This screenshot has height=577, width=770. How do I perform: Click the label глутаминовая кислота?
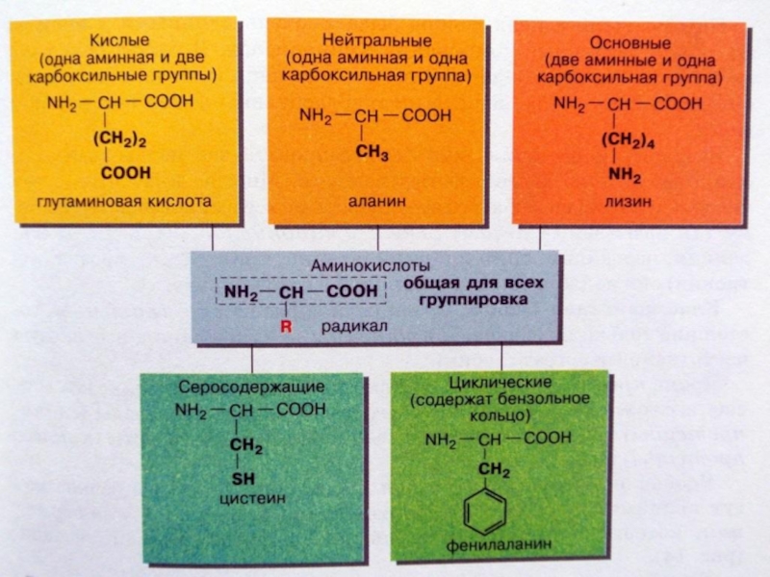click(x=122, y=202)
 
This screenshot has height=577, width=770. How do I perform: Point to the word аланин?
click(x=376, y=202)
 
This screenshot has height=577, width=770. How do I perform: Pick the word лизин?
click(x=629, y=202)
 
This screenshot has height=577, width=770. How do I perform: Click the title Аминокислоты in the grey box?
click(x=370, y=263)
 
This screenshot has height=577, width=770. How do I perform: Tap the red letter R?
click(x=286, y=327)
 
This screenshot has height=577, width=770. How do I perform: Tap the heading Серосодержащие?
click(x=251, y=387)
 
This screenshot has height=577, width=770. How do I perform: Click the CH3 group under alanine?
click(x=372, y=152)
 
